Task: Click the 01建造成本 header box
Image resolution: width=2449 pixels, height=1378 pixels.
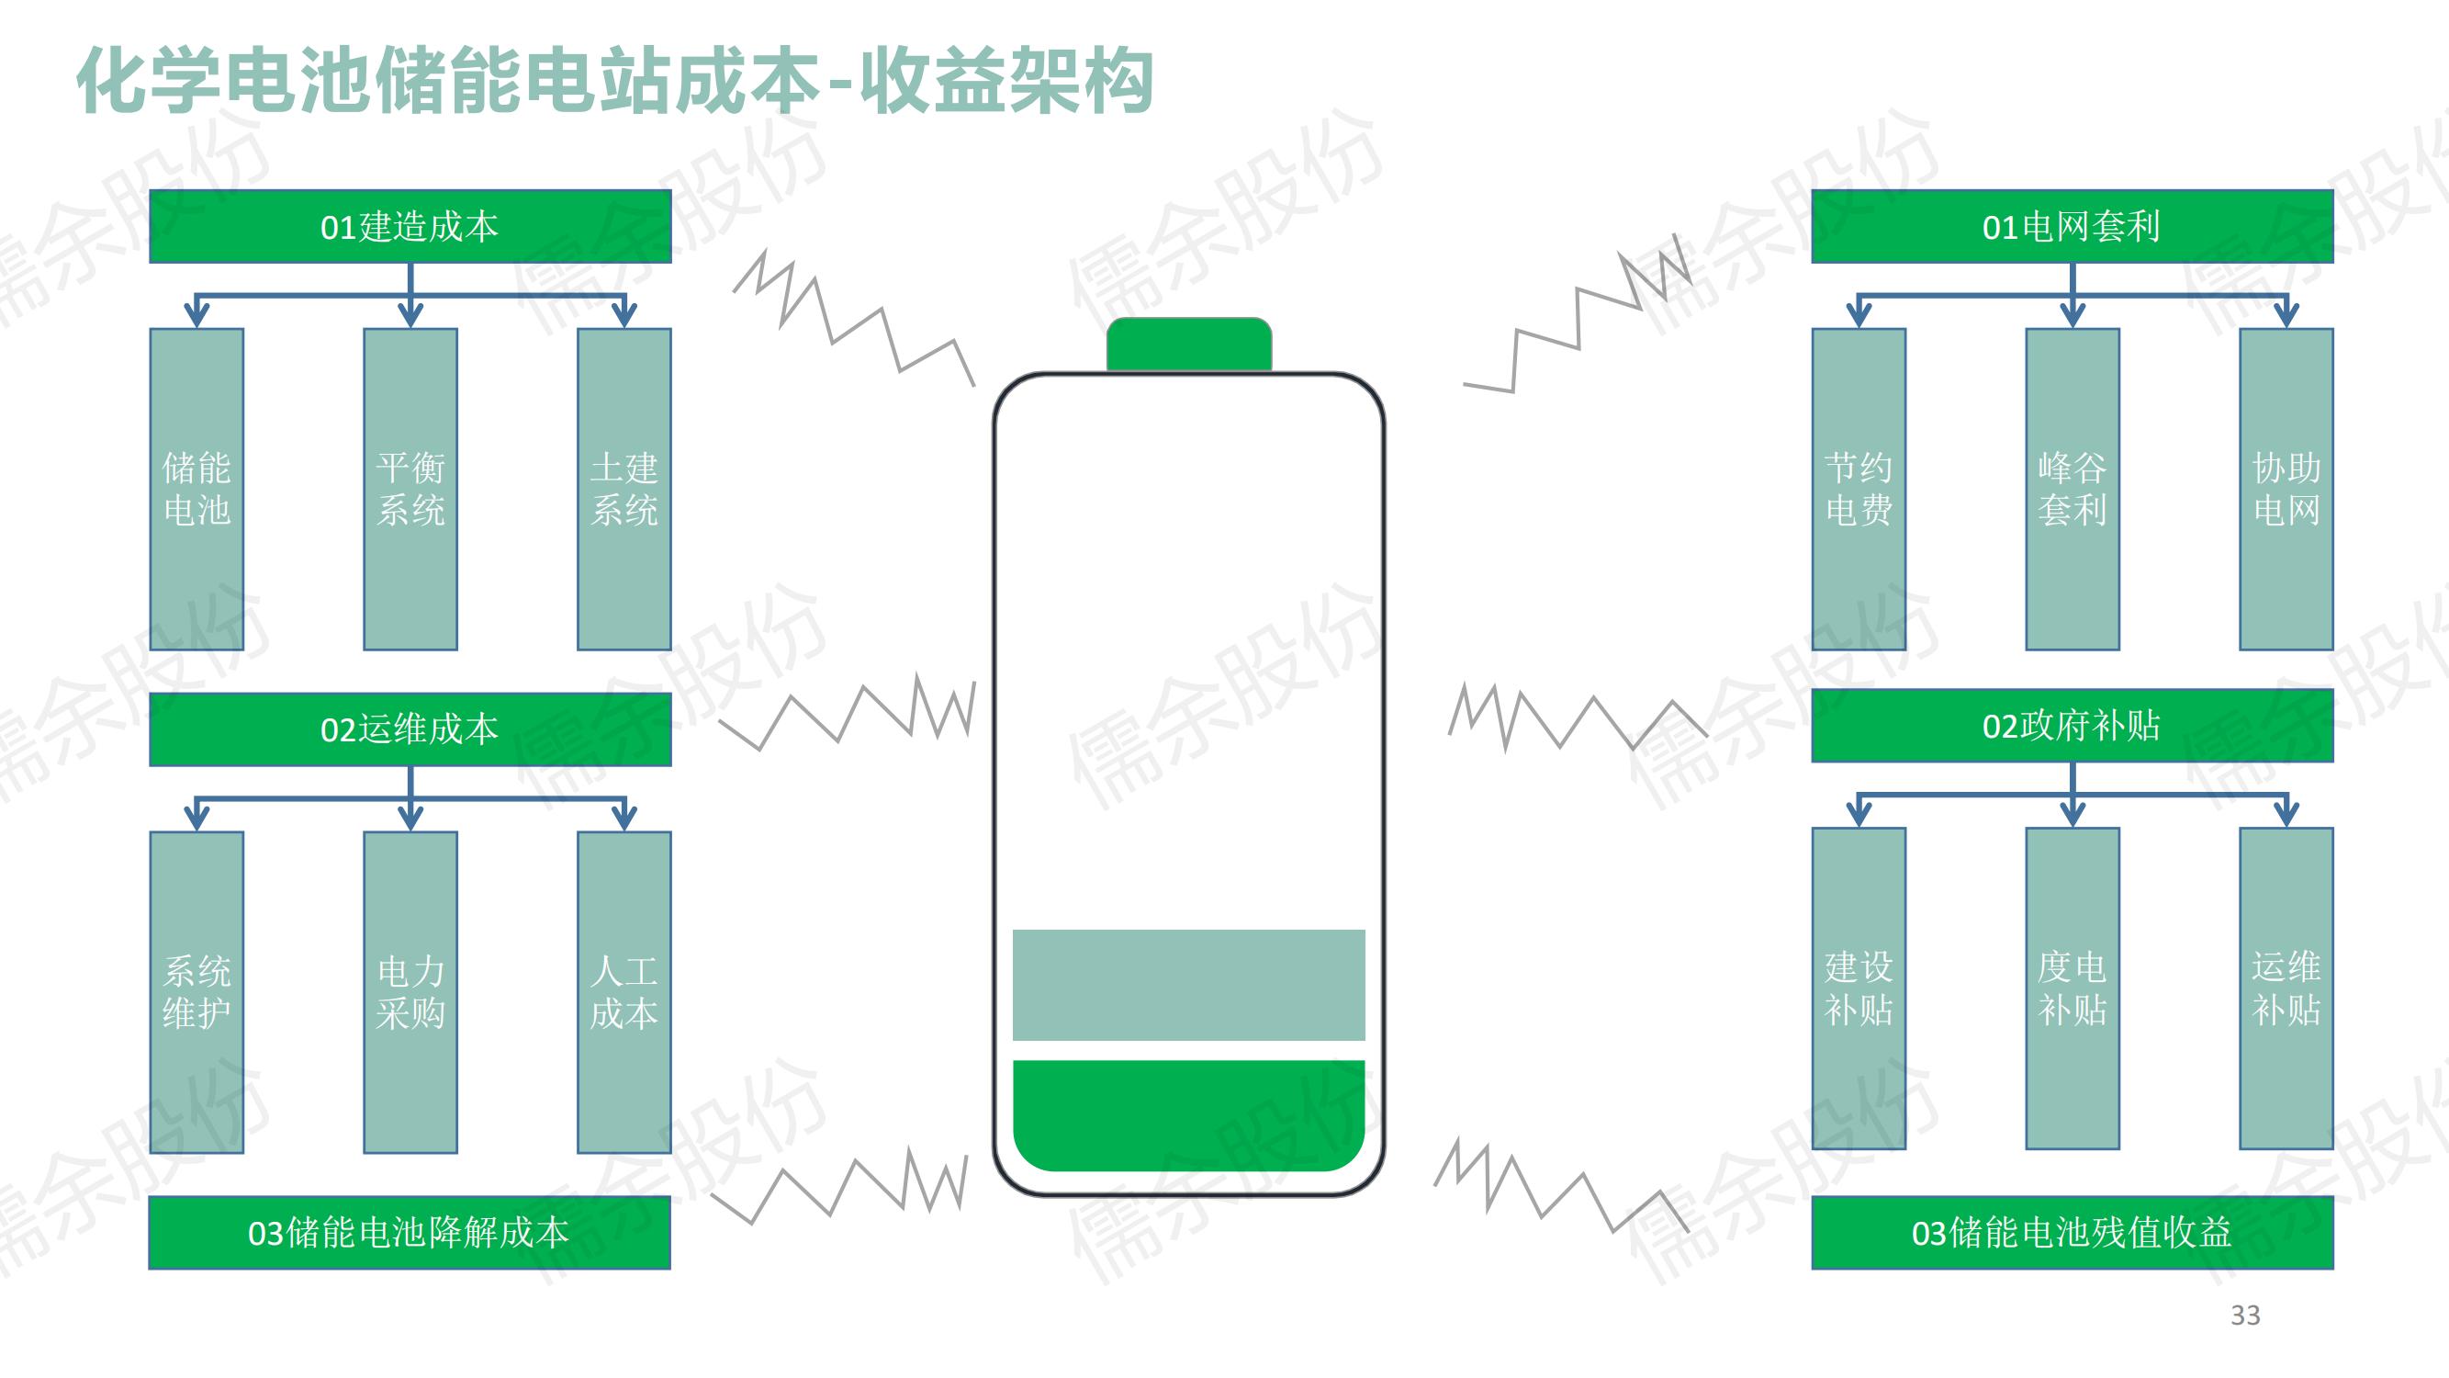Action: point(410,226)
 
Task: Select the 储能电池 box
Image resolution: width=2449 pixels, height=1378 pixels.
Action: point(197,489)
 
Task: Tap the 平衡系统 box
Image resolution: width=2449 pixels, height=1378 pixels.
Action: point(410,489)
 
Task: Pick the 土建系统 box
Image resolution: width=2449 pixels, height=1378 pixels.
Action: point(623,489)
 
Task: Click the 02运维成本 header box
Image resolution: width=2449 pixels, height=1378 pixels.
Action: point(410,729)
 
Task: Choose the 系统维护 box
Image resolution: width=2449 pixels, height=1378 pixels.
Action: point(197,992)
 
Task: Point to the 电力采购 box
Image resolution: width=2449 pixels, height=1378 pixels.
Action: point(410,992)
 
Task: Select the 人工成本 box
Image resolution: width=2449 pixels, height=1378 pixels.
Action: point(623,992)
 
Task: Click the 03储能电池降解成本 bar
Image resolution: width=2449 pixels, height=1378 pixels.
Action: point(409,1233)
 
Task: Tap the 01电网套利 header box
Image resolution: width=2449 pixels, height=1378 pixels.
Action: point(2072,226)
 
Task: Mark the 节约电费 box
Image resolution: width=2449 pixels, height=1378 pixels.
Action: point(1859,489)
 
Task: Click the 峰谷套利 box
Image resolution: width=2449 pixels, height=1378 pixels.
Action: point(2072,489)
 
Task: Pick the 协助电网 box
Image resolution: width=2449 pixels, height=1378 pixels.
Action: point(2286,489)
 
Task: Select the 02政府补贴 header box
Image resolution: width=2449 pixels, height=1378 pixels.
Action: point(2072,726)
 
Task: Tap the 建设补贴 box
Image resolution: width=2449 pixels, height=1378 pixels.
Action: point(1859,988)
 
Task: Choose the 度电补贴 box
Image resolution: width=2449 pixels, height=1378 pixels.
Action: point(2072,988)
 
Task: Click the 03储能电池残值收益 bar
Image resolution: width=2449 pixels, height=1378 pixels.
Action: point(2072,1233)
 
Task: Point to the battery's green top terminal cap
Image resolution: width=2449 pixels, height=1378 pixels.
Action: point(1188,344)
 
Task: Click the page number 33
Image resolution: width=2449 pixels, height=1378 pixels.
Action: point(2244,1316)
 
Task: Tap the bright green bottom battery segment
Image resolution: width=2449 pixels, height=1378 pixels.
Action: point(1188,1114)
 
